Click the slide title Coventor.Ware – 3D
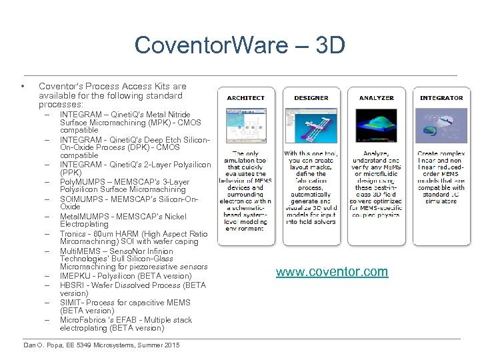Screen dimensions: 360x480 pos(239,45)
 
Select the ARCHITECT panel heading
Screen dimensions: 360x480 pos(246,98)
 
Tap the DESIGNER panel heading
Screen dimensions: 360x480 pos(311,98)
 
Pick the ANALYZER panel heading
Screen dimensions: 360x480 pos(376,98)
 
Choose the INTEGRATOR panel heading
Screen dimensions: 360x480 pos(441,98)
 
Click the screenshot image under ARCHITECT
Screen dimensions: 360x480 pos(246,126)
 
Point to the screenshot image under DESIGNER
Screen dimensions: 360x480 pos(311,126)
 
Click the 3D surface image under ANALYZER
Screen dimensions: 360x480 pos(376,126)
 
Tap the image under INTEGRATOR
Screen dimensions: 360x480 pos(441,126)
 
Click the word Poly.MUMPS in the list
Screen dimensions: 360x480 pos(78,182)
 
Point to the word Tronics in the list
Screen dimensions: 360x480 pos(72,234)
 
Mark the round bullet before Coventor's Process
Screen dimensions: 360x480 pos(23,87)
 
